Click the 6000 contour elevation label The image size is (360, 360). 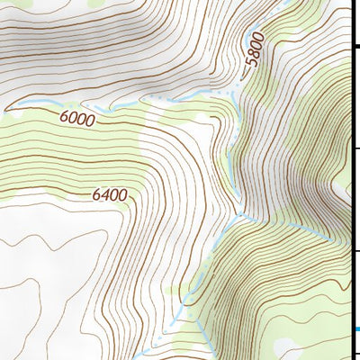pyautogui.click(x=78, y=118)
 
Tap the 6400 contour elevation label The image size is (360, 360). pyautogui.click(x=110, y=193)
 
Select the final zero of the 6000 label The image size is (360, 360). pyautogui.click(x=91, y=119)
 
